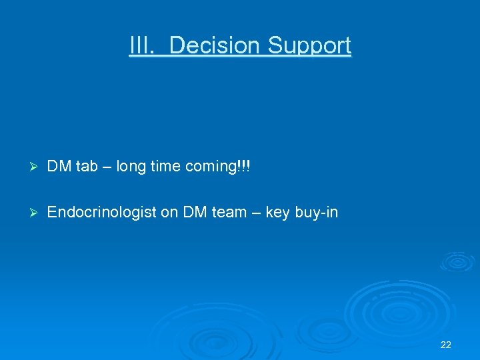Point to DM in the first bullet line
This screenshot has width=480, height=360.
(60, 167)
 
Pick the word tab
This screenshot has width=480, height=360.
(86, 167)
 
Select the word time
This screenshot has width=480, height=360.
(165, 167)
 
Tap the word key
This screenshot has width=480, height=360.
(277, 213)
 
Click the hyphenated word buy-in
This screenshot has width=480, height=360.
(316, 213)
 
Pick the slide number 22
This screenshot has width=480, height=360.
(446, 345)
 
